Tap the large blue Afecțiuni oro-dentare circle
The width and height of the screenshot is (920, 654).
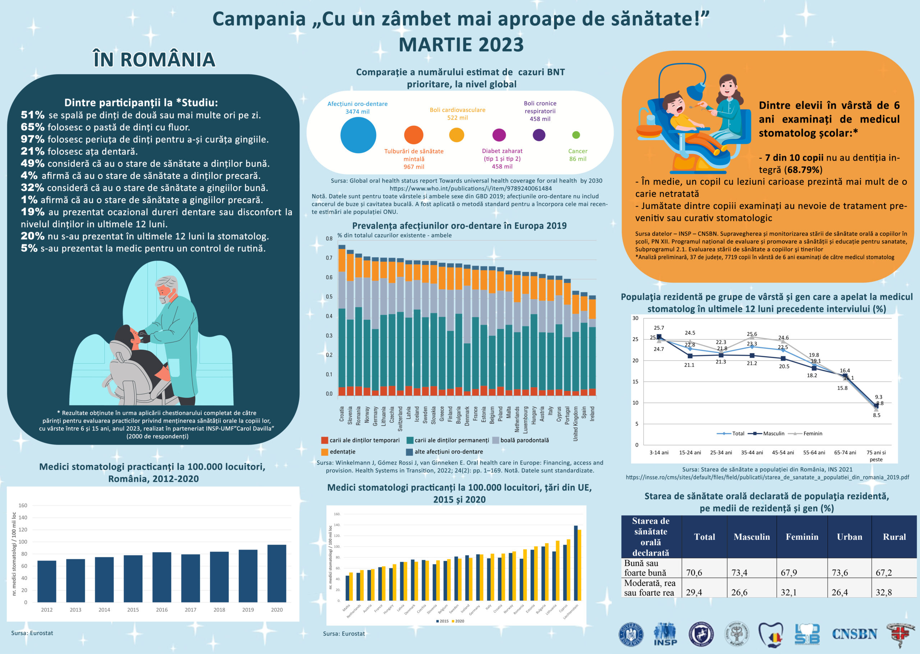click(x=358, y=135)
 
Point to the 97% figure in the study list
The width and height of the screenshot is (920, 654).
click(x=33, y=139)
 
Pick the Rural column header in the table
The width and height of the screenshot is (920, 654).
click(x=894, y=537)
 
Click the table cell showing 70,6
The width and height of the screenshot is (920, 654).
click(x=694, y=572)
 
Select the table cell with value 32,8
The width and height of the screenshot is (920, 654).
click(x=883, y=592)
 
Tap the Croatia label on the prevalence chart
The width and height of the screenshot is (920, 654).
click(x=342, y=414)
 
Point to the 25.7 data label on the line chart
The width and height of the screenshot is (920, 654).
click(x=659, y=328)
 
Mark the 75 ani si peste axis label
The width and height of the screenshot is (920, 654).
click(x=876, y=456)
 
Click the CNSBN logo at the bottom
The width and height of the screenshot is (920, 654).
click(x=854, y=634)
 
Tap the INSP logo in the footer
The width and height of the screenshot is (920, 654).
click(x=665, y=634)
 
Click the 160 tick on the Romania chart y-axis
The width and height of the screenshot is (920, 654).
click(x=23, y=505)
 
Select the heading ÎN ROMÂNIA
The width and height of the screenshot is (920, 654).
click(x=154, y=60)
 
